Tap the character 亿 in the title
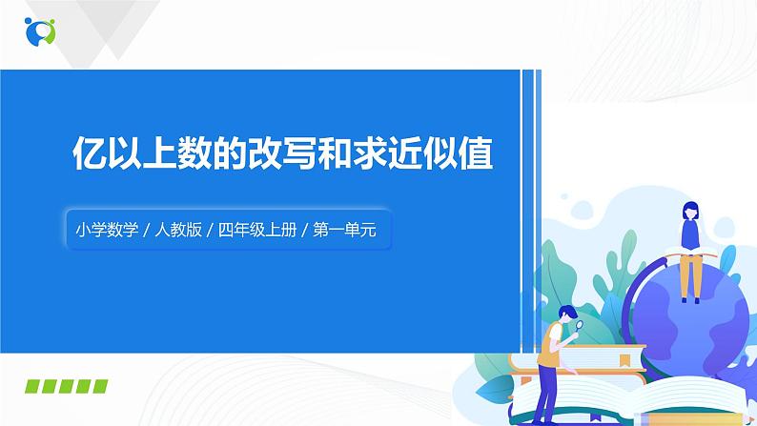tap(91, 153)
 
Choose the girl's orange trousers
tap(690, 276)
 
